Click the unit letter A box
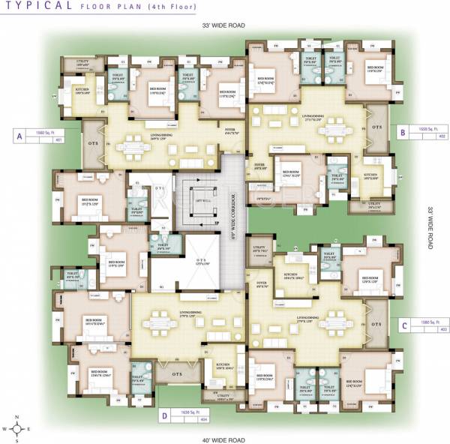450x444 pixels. click(16, 136)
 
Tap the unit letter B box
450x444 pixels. click(403, 132)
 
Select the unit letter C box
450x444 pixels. click(403, 325)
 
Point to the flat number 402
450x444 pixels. click(442, 136)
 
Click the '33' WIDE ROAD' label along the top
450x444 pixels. click(223, 25)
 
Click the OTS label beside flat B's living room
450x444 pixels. click(376, 127)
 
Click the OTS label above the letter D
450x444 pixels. click(178, 373)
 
